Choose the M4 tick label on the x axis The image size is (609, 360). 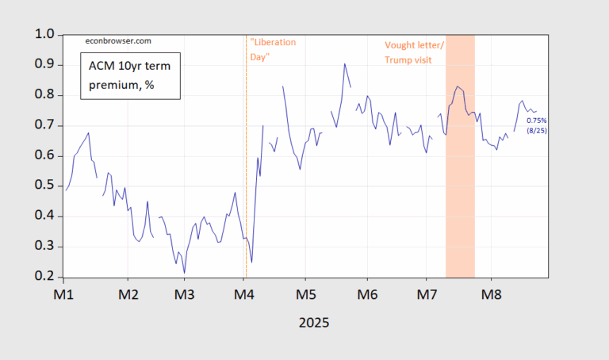[x=244, y=293]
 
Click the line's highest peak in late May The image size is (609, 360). [x=344, y=63]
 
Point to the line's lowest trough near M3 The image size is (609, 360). [x=185, y=273]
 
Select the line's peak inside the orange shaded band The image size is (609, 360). [x=458, y=86]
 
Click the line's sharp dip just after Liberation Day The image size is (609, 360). [x=251, y=262]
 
